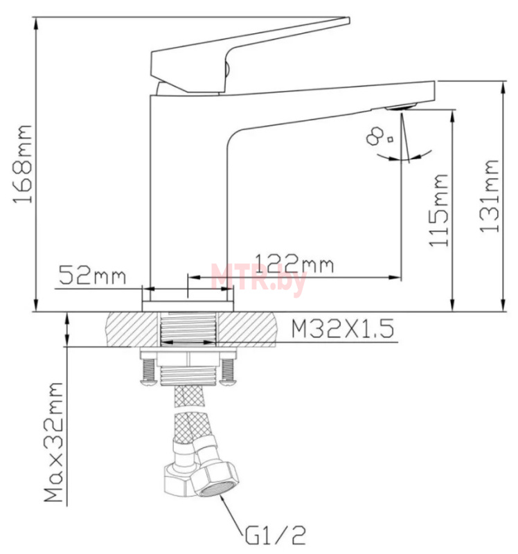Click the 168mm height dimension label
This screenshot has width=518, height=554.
23,164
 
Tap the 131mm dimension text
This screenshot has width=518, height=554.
490,196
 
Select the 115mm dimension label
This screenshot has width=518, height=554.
438,210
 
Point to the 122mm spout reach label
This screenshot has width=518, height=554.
294,264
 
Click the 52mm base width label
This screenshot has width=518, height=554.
92,275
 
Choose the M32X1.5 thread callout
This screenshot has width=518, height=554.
342,329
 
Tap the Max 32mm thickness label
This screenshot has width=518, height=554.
54,442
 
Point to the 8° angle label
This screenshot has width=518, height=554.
379,136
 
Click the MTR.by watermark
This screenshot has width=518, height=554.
258,276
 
